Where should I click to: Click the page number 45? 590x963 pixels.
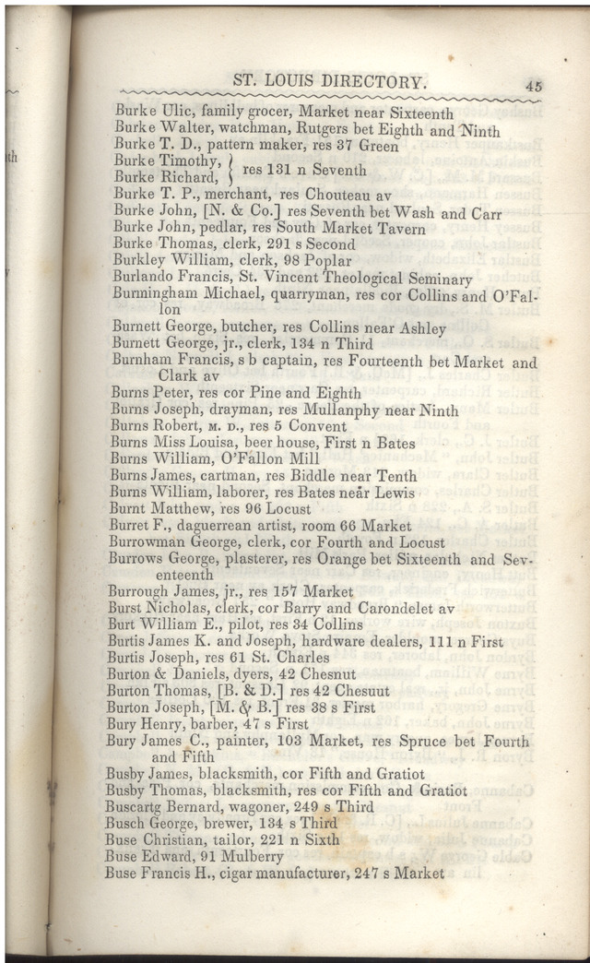click(533, 84)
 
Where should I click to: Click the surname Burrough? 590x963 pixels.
click(143, 591)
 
